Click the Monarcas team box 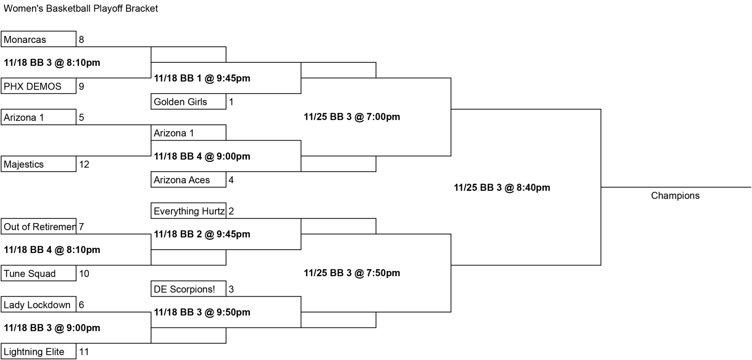[39, 39]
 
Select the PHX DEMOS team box [39, 86]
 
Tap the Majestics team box [39, 164]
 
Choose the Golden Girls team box [188, 101]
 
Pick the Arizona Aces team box [188, 180]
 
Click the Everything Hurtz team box [188, 211]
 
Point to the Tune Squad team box [39, 273]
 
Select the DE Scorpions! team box [188, 289]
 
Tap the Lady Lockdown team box [39, 305]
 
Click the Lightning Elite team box [39, 352]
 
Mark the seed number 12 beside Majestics [84, 164]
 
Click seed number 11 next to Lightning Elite [84, 352]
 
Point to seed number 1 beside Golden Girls [231, 102]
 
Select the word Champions [675, 195]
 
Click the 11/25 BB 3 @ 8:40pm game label [502, 187]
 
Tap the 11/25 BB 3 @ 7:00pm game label [352, 117]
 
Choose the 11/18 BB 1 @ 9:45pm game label [202, 78]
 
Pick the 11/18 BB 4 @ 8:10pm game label [52, 250]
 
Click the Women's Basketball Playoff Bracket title [81, 8]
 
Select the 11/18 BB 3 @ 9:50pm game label [202, 312]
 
